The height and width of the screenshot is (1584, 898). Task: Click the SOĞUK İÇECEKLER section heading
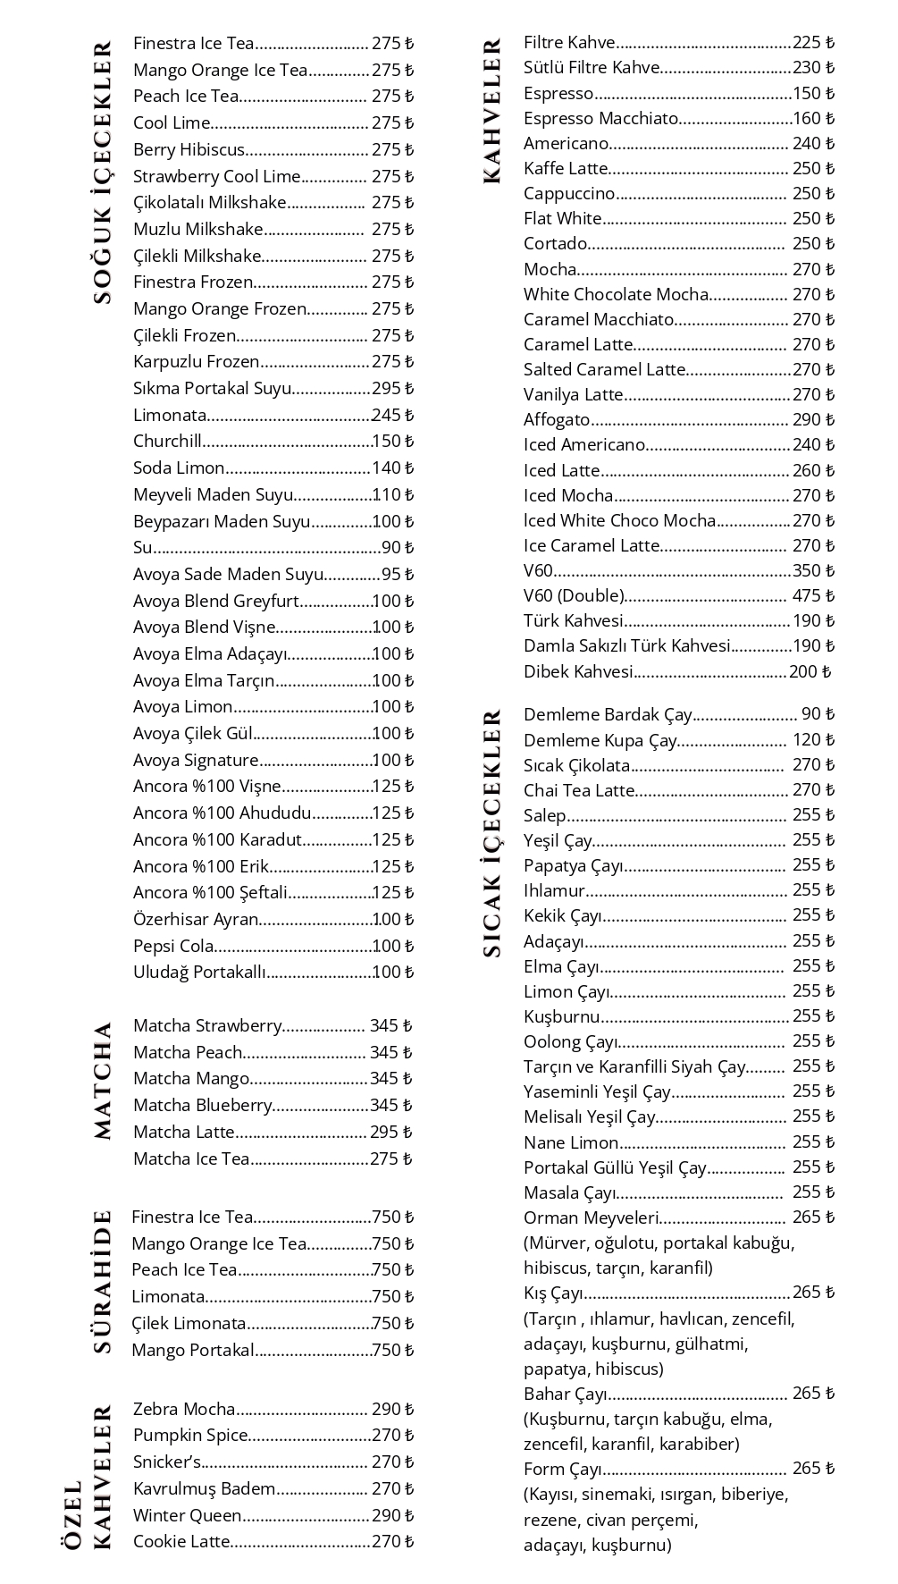tap(104, 172)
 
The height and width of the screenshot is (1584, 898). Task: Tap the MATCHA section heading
tap(104, 1080)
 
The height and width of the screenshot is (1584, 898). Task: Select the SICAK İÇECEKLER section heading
tap(492, 833)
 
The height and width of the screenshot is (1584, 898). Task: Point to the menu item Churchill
tap(167, 442)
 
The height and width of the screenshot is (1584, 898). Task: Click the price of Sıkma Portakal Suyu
tap(393, 389)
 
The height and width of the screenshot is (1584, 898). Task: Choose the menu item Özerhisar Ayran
tap(196, 920)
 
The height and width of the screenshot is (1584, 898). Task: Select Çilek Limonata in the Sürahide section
tap(189, 1324)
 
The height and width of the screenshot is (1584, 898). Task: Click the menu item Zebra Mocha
tap(184, 1410)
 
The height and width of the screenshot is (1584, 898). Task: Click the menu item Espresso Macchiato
tap(600, 119)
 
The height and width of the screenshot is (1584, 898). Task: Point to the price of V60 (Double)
tap(813, 596)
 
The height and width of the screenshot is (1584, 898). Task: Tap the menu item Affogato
tap(557, 420)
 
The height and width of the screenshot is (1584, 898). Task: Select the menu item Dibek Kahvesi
tap(578, 672)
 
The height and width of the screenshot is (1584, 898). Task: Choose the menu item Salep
tap(545, 815)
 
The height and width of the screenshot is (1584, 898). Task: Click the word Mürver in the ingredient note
tap(554, 1243)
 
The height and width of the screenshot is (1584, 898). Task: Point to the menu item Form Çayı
tap(563, 1470)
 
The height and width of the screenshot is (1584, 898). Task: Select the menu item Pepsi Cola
tap(173, 947)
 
